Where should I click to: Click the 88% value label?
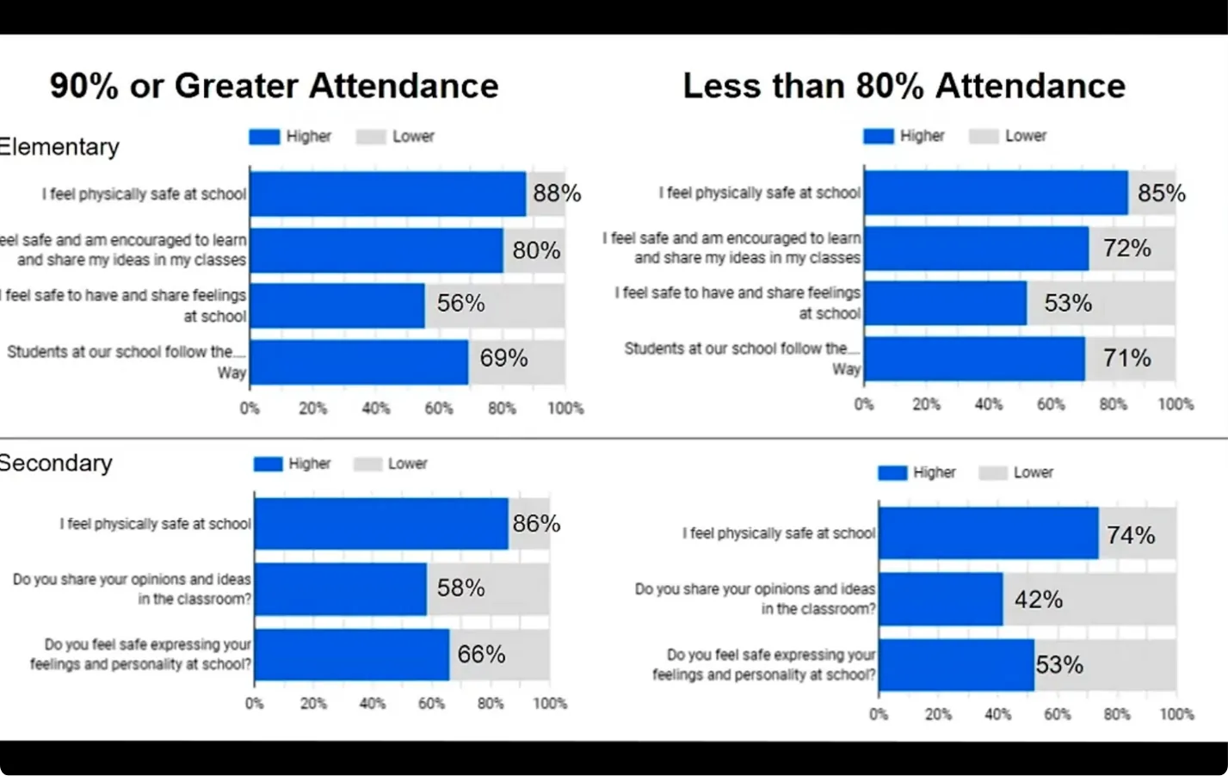(x=557, y=194)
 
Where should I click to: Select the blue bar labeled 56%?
(x=337, y=305)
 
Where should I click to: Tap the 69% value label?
(x=503, y=358)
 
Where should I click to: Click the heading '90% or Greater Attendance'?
(x=274, y=86)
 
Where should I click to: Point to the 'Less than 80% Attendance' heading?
(x=904, y=86)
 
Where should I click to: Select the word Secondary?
(x=56, y=463)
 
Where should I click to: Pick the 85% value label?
(x=1161, y=194)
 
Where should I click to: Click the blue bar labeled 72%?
(x=976, y=249)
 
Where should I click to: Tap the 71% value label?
(x=1126, y=358)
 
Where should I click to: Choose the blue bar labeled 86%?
(x=381, y=523)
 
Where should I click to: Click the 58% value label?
(x=460, y=588)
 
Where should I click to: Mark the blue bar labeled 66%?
(x=352, y=655)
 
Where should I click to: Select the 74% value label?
(x=1131, y=535)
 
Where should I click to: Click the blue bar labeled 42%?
(x=941, y=599)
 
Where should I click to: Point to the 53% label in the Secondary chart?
(x=1059, y=665)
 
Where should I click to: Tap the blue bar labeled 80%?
(x=376, y=250)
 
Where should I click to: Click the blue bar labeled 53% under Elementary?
(x=945, y=303)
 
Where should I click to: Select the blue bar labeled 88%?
(x=387, y=194)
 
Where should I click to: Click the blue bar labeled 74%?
(x=988, y=533)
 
